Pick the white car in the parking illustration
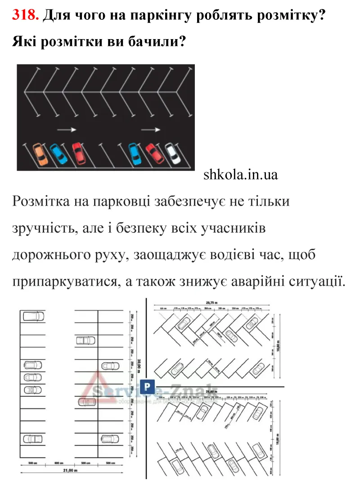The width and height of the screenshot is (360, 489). tap(172, 153)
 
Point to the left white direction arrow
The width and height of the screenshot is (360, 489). tap(67, 129)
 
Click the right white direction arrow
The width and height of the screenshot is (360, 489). tap(151, 130)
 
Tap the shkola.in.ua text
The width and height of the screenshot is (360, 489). tap(241, 175)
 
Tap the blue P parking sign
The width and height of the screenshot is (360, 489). tap(146, 386)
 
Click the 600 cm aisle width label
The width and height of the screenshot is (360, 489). tap(59, 462)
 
